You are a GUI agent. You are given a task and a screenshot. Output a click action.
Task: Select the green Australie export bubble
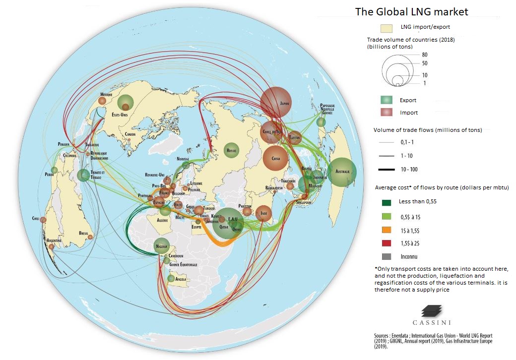pos(342,172)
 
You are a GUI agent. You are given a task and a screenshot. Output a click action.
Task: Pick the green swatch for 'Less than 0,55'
pos(387,202)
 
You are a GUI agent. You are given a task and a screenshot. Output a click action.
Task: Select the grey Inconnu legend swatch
pos(387,256)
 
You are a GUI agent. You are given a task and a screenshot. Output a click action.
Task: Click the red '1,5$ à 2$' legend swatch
pos(387,243)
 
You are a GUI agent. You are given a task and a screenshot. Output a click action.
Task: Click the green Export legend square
pos(387,100)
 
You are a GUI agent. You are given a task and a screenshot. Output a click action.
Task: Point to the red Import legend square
pos(387,113)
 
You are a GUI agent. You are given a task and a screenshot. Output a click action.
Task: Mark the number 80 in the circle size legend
pos(425,55)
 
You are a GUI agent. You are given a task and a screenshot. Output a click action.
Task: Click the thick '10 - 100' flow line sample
pos(387,170)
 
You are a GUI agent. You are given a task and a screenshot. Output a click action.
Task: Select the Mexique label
pos(106,94)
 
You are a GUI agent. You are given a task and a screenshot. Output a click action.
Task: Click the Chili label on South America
pos(35,218)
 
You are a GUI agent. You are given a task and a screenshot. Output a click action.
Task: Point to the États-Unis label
pos(119,115)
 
